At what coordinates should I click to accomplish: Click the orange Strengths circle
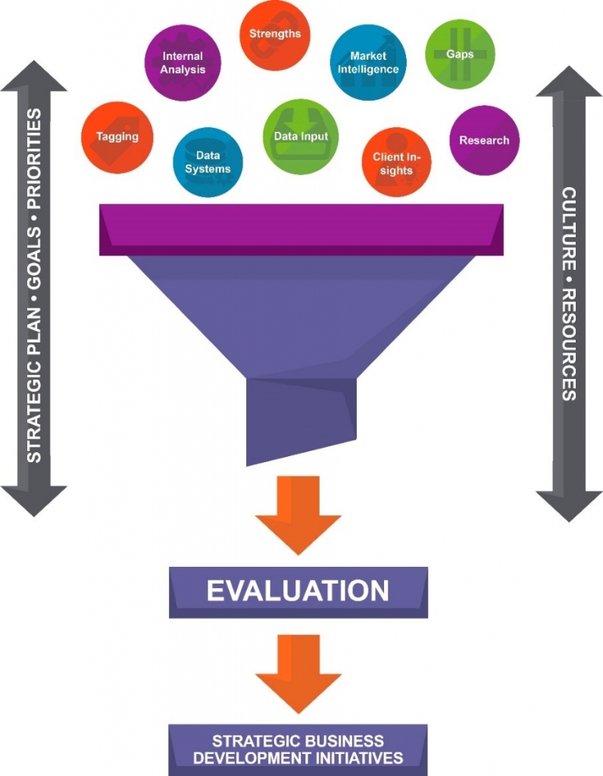[275, 35]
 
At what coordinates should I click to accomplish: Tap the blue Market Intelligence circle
[369, 62]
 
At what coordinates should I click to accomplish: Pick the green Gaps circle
[460, 55]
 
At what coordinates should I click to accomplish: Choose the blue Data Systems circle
[208, 162]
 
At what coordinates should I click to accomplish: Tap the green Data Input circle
[301, 137]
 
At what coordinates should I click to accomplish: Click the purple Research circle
[484, 140]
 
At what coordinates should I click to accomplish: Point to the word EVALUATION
[298, 591]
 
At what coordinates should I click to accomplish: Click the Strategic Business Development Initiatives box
[298, 749]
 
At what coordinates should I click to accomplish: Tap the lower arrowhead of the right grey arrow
[569, 503]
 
